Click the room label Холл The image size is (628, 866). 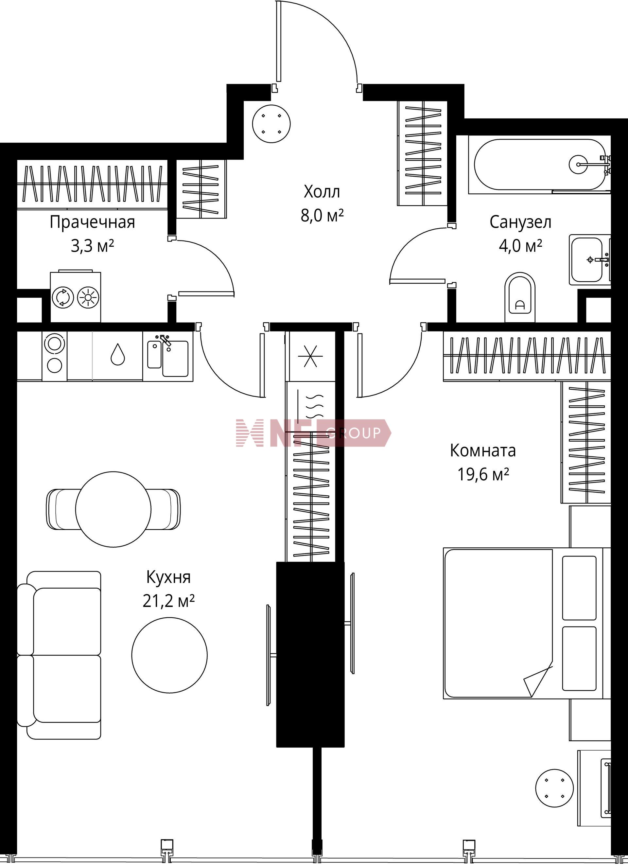(322, 192)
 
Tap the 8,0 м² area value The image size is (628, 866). (322, 216)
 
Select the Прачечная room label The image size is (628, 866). (92, 222)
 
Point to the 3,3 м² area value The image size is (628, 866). (92, 246)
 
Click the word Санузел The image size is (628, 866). (520, 222)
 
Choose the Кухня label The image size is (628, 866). (168, 577)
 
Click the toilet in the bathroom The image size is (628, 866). (520, 298)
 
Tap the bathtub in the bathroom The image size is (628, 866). (539, 165)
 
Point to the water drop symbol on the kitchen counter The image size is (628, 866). (117, 354)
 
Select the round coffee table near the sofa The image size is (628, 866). (169, 656)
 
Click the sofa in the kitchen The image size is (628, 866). (59, 655)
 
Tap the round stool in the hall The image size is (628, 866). (271, 124)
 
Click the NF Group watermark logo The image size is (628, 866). (313, 433)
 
